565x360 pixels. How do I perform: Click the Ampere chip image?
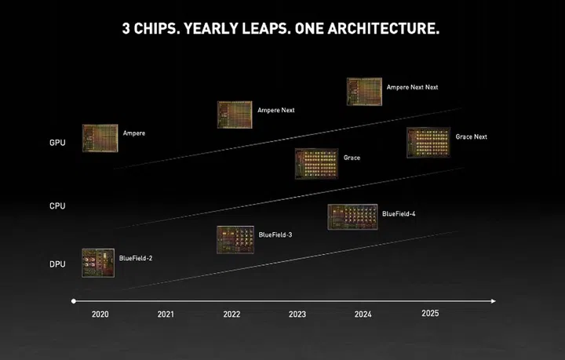pos(100,137)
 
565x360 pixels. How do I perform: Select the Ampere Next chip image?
pos(235,115)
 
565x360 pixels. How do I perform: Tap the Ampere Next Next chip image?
pos(364,91)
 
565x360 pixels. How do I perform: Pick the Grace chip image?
pos(315,163)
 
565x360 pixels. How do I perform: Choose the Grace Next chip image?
pos(428,142)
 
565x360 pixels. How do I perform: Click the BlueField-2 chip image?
pos(98,262)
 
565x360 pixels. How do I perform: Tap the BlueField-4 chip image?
pos(352,217)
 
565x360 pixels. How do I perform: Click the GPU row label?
pos(57,143)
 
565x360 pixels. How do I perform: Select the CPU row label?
pos(57,206)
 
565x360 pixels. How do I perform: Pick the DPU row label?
pos(57,265)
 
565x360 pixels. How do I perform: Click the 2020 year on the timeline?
pos(100,315)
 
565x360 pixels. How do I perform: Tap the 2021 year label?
pos(166,315)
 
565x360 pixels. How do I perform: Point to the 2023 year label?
pos(297,315)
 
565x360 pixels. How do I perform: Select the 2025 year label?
pos(430,313)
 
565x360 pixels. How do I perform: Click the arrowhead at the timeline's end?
pos(492,300)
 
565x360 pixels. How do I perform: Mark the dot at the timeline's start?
pos(73,300)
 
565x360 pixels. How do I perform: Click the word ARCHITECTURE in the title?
pos(377,29)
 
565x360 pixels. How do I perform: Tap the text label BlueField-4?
pos(399,213)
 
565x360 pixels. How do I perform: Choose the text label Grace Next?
pos(471,136)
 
